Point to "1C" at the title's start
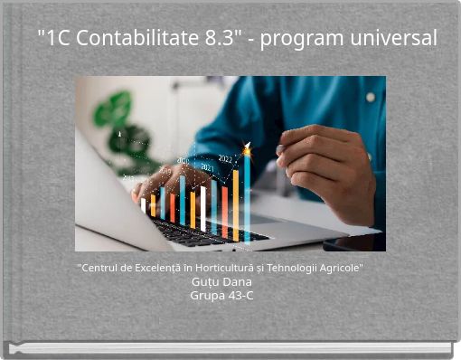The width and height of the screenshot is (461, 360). (x=55, y=39)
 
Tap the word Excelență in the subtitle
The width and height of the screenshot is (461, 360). (x=161, y=269)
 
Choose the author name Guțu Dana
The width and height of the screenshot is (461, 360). (x=221, y=281)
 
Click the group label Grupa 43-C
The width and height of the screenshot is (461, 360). (x=221, y=295)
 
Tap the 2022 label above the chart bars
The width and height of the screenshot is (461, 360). (x=225, y=159)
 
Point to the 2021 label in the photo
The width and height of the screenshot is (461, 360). (x=207, y=167)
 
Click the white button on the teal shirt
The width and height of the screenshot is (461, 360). (x=371, y=97)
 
